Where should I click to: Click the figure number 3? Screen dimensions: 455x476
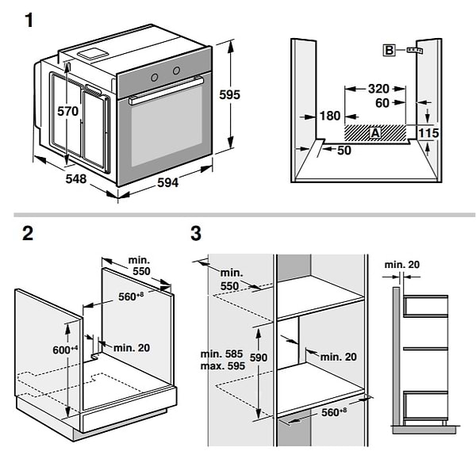(195, 234)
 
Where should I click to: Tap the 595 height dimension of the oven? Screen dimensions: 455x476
(229, 94)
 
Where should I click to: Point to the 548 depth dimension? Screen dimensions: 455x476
(75, 179)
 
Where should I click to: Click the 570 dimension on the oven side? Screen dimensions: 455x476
(68, 112)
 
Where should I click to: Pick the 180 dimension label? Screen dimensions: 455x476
(329, 117)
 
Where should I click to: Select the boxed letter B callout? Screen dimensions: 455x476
(390, 51)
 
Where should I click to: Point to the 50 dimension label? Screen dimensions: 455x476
(343, 151)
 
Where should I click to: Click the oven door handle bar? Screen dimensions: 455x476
(165, 90)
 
